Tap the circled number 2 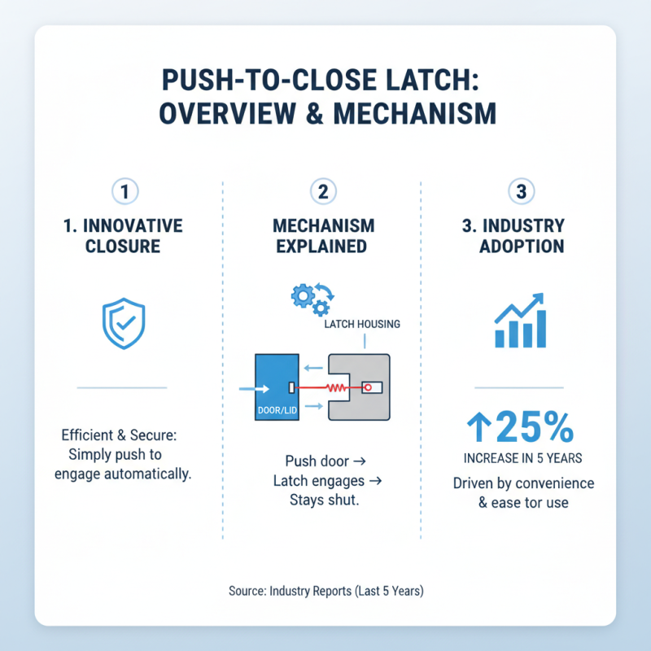(x=323, y=193)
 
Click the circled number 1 (x=124, y=193)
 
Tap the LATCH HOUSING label (x=361, y=324)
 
